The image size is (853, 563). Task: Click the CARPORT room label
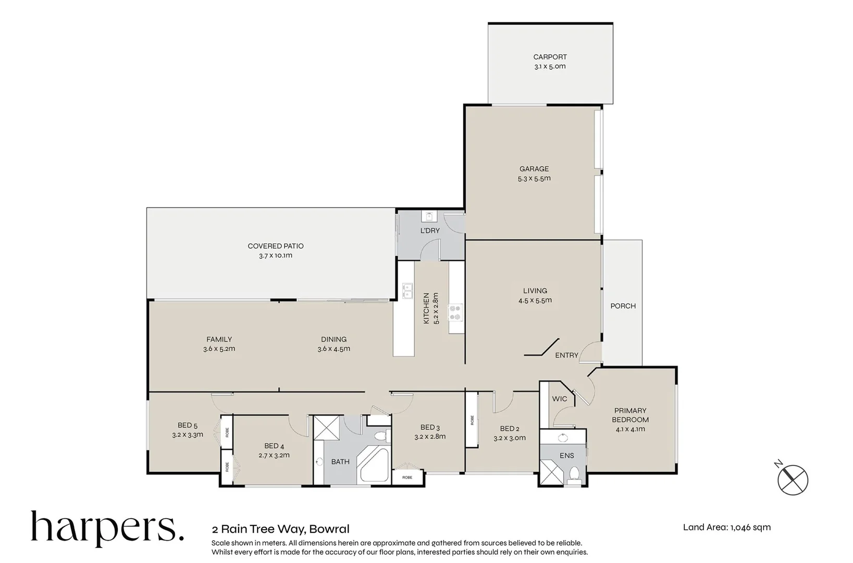[549, 57]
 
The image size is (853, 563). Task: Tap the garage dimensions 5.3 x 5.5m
[534, 178]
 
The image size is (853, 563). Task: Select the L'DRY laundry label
[430, 230]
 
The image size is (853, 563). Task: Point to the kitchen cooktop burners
[455, 312]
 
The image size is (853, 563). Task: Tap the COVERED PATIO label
[275, 246]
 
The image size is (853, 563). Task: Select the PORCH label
[623, 306]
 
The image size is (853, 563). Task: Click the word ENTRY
[566, 355]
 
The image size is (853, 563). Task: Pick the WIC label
[559, 399]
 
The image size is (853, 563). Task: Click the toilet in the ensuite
[574, 473]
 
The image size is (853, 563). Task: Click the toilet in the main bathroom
[380, 435]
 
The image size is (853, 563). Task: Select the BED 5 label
[188, 425]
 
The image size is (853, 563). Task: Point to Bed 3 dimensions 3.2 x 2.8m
[430, 437]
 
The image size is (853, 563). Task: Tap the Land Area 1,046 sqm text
[726, 527]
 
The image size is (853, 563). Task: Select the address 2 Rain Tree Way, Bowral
[280, 529]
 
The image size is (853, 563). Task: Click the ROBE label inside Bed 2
[472, 420]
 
